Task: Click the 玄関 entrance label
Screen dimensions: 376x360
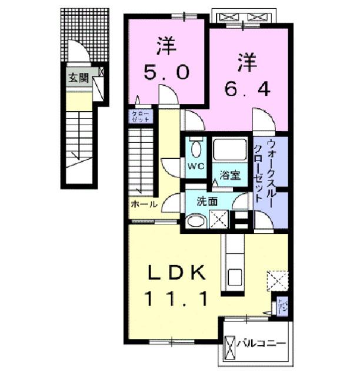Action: [x=78, y=78]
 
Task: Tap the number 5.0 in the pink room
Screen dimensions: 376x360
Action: [x=166, y=72]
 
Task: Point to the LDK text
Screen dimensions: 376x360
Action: [x=176, y=273]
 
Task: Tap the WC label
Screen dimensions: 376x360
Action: [x=195, y=166]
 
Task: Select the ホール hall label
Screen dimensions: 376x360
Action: [x=144, y=205]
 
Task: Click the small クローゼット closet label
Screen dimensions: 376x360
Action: [x=141, y=116]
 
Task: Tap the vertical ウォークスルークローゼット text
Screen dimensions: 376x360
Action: [x=262, y=170]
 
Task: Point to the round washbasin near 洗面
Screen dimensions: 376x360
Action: [x=194, y=221]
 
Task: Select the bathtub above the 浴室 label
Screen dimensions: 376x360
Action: [x=231, y=150]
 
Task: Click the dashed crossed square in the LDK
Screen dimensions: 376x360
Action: [x=277, y=280]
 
